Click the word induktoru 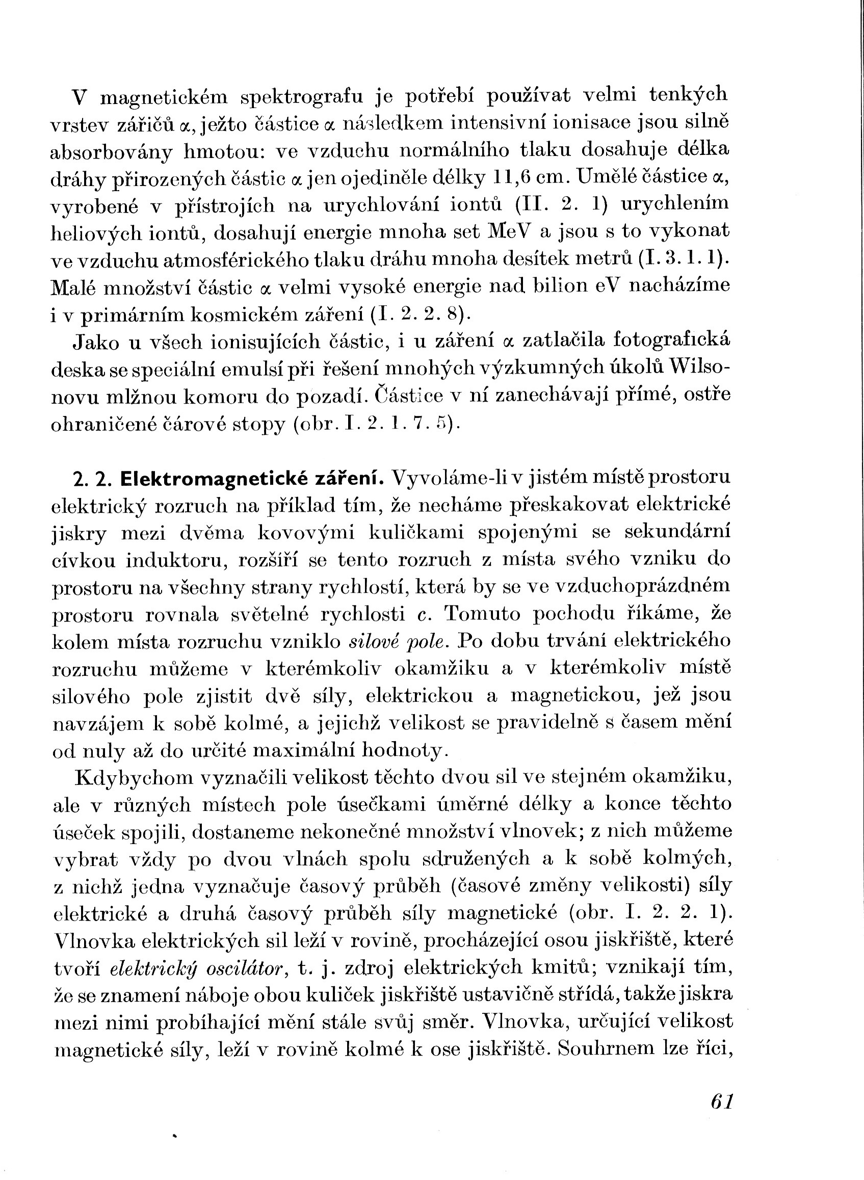175,560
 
